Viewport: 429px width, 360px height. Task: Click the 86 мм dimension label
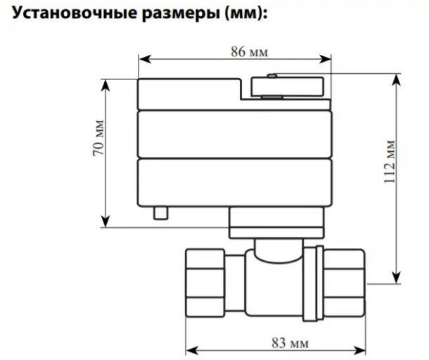point(236,52)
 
